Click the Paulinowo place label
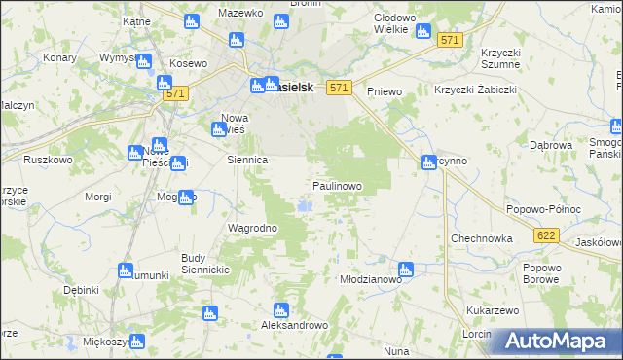[338, 185]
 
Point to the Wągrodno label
[253, 229]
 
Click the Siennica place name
[246, 159]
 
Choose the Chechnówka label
[481, 238]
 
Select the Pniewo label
[385, 90]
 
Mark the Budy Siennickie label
[205, 264]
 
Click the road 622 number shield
[546, 235]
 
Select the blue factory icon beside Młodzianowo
[406, 270]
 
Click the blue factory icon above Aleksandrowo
[281, 311]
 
